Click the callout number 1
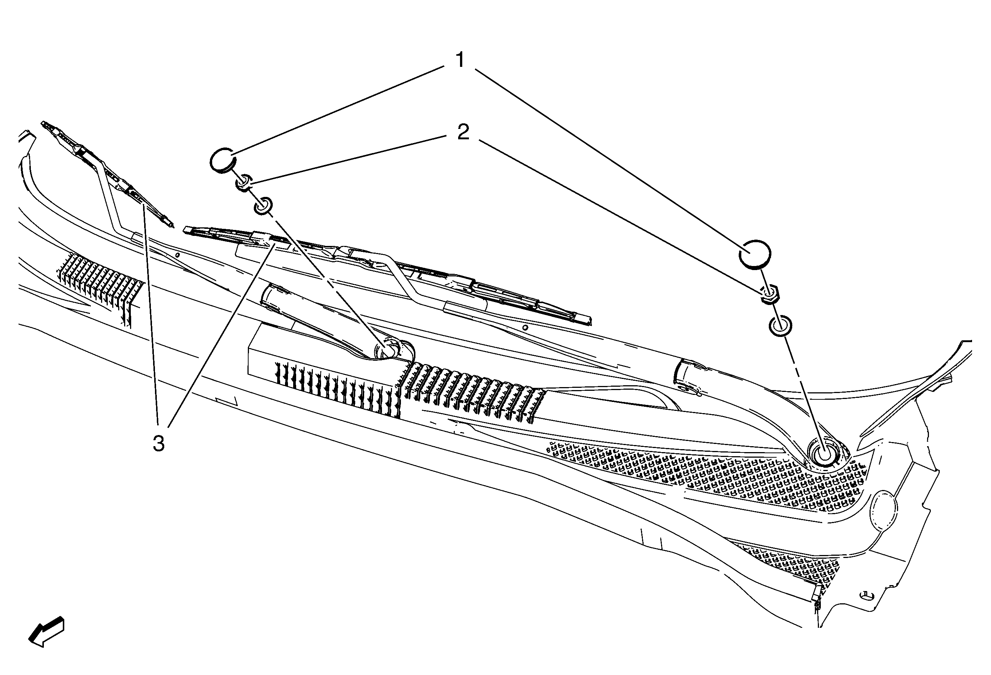[460, 60]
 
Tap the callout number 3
[159, 444]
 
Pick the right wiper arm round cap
[755, 254]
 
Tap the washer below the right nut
[780, 326]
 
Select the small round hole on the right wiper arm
[525, 328]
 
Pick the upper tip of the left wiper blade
[43, 123]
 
